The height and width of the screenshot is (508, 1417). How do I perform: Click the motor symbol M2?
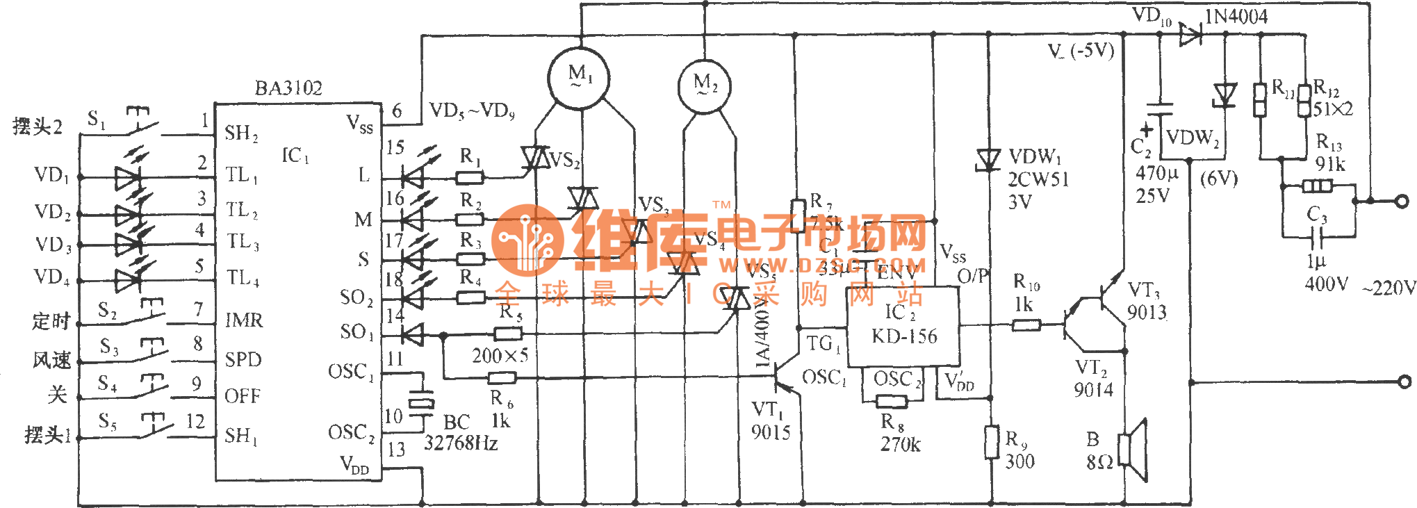705,86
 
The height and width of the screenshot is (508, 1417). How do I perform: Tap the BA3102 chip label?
288,88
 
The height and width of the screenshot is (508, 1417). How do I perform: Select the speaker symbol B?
1133,450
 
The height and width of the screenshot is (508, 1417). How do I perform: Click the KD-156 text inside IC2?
904,336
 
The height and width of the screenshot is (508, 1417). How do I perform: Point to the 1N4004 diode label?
1236,17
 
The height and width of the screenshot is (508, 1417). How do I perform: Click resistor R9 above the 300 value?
992,442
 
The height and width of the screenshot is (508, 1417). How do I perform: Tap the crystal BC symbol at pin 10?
420,402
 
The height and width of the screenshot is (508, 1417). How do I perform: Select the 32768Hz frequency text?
461,443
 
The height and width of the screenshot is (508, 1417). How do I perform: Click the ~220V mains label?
1389,288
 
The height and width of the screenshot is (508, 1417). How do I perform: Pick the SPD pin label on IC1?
243,359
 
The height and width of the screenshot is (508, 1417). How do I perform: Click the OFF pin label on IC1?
243,396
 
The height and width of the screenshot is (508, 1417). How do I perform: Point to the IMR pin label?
244,320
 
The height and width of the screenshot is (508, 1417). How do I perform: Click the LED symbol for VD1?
128,177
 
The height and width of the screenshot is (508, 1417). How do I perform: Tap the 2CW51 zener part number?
1038,179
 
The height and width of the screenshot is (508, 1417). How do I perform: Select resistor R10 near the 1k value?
1026,325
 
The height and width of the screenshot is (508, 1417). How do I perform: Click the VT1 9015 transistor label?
770,421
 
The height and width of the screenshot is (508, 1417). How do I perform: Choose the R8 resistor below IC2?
892,401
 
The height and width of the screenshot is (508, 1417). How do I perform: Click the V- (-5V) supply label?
1081,51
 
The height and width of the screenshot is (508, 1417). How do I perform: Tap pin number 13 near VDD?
396,450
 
